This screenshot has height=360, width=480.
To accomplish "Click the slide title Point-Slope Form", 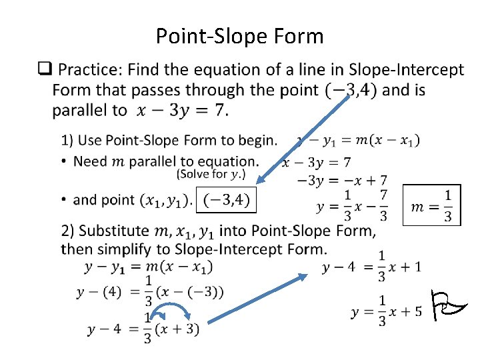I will point(239,35).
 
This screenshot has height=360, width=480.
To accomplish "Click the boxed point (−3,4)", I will point(226,199).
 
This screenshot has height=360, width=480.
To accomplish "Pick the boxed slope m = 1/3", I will point(432,205).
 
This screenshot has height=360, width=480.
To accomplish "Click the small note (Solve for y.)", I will point(211,175).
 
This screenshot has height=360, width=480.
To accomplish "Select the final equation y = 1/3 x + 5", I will point(386,311).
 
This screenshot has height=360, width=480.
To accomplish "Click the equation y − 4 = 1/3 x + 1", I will point(371,267).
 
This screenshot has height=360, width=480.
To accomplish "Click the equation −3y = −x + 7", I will point(341,180).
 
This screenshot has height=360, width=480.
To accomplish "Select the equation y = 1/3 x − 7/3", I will point(352,207).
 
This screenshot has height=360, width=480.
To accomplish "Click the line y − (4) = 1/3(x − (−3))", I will point(150,291).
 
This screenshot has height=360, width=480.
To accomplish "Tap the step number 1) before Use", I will point(67,141).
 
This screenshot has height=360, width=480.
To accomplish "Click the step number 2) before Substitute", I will point(67,231).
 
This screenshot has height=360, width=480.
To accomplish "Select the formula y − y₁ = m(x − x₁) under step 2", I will point(148,267).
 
